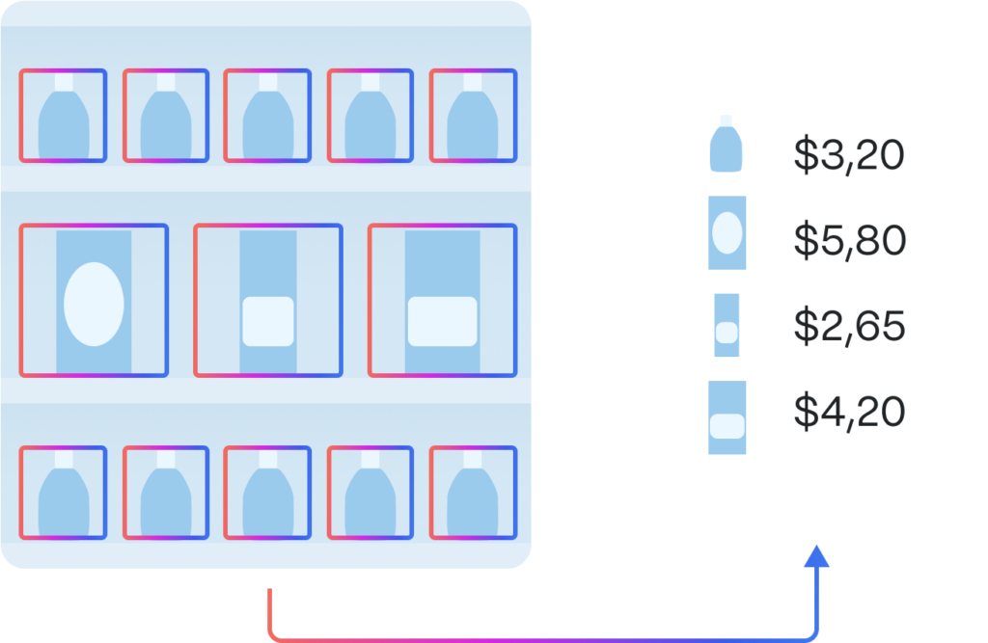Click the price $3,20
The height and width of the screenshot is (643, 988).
tap(849, 154)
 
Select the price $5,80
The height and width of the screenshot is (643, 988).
tap(849, 241)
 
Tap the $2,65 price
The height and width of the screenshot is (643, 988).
tap(849, 327)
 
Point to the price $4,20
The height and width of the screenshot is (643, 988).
tap(849, 413)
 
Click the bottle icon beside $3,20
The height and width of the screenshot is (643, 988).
tap(727, 145)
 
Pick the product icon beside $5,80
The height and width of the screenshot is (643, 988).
tap(727, 232)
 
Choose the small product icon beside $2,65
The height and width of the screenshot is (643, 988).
tap(727, 325)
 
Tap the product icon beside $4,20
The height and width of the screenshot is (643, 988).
tap(727, 417)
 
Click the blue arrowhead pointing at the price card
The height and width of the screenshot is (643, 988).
tap(816, 556)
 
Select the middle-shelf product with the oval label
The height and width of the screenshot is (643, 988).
tap(94, 301)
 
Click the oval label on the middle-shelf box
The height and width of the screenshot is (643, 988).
tap(94, 304)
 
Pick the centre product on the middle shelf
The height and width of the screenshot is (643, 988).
tap(267, 301)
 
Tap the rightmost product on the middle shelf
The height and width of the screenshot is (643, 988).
tap(442, 301)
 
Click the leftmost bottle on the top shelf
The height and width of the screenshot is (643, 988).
tap(63, 121)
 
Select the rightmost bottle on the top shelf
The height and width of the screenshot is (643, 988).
tap(473, 121)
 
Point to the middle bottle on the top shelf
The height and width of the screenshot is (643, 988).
tap(267, 121)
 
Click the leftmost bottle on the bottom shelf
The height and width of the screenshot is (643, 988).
tap(63, 497)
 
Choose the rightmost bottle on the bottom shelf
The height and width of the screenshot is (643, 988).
tap(473, 497)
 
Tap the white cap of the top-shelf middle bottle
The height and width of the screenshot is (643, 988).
tap(267, 83)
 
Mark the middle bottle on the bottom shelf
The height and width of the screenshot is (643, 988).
tap(267, 497)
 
